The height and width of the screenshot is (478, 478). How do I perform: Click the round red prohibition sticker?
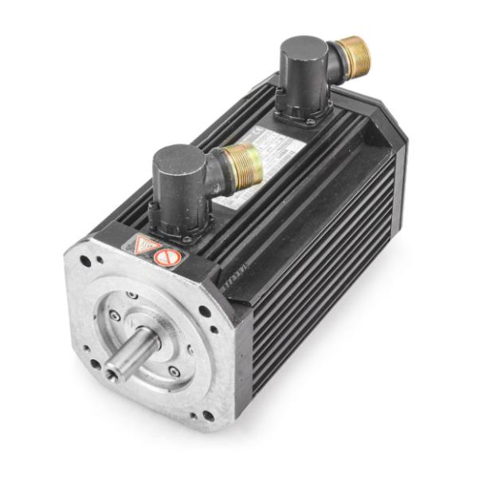click(168, 257)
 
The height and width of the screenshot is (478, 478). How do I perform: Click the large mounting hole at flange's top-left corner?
click(85, 261)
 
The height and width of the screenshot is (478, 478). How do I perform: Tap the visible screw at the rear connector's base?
click(308, 122)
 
